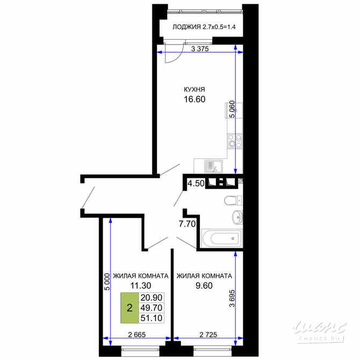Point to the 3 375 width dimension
[199, 48]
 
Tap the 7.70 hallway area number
[186, 224]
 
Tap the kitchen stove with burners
[233, 141]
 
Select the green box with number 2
[129, 308]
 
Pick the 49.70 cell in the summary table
[150, 308]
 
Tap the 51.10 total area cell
[150, 319]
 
